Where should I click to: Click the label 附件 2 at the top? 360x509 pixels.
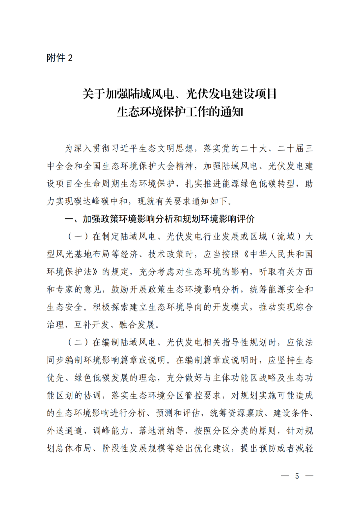59,58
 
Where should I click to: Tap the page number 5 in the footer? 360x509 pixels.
297,476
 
